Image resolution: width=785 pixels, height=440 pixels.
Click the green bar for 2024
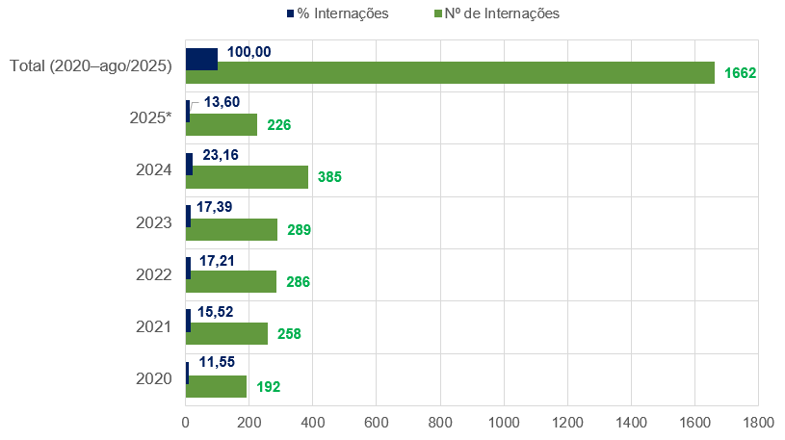(247, 177)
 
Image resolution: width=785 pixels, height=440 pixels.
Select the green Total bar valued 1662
(450, 73)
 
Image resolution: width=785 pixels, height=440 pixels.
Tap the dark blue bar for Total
(201, 59)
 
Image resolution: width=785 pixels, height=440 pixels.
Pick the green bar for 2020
(216, 386)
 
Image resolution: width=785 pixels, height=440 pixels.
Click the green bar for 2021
(226, 333)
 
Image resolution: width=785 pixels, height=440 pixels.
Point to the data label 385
(330, 177)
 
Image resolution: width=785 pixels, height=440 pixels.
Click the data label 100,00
(249, 51)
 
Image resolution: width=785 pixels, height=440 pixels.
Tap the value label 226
(279, 125)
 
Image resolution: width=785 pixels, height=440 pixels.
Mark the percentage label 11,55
(218, 363)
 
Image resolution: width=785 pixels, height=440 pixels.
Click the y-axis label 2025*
(150, 118)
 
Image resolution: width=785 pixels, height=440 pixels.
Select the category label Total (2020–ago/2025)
(91, 65)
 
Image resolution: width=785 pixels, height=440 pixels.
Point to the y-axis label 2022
(154, 274)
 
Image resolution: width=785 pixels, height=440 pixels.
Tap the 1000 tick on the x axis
(504, 422)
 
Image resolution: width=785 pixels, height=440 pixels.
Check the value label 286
(299, 282)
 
